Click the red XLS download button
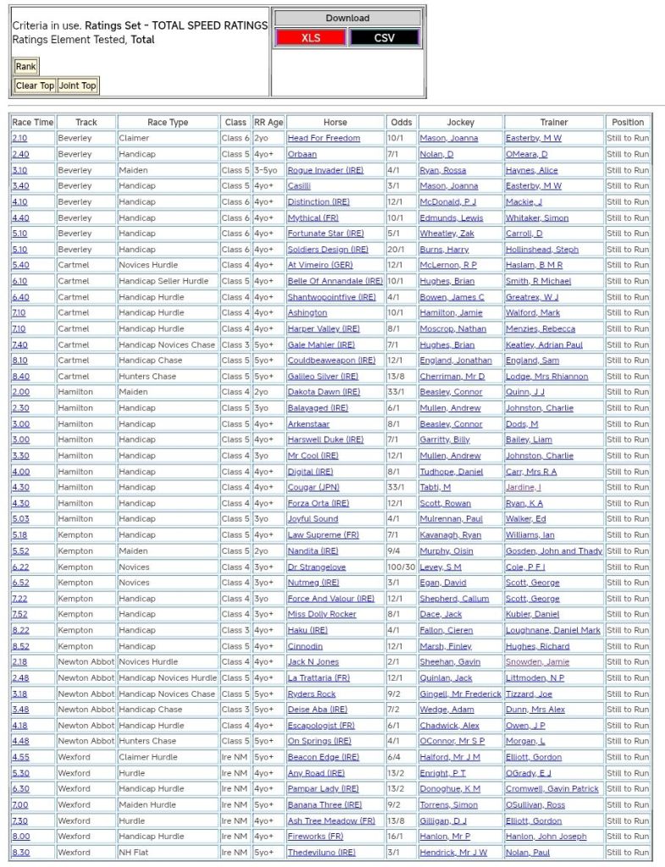coord(311,38)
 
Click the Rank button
coord(25,67)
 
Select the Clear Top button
coord(35,86)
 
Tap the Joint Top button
coord(77,86)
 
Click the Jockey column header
coord(460,122)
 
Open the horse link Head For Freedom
coord(324,138)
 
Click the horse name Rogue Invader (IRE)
coord(324,170)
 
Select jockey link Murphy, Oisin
coord(446,551)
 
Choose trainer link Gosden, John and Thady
coord(554,551)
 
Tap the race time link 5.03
coord(19,519)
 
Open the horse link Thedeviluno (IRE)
coord(321,853)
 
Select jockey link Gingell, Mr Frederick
coord(460,693)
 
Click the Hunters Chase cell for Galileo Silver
coord(147,376)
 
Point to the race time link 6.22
coord(19,567)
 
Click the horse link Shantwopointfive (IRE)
coord(331,297)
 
